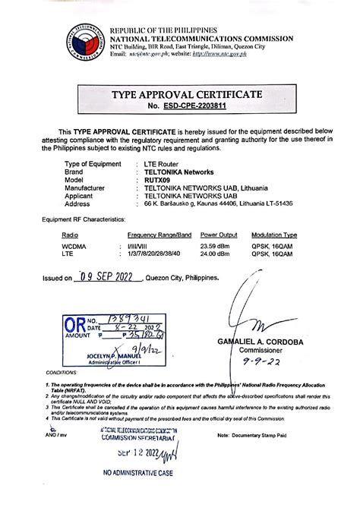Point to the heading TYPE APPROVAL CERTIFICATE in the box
tap(187, 94)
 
